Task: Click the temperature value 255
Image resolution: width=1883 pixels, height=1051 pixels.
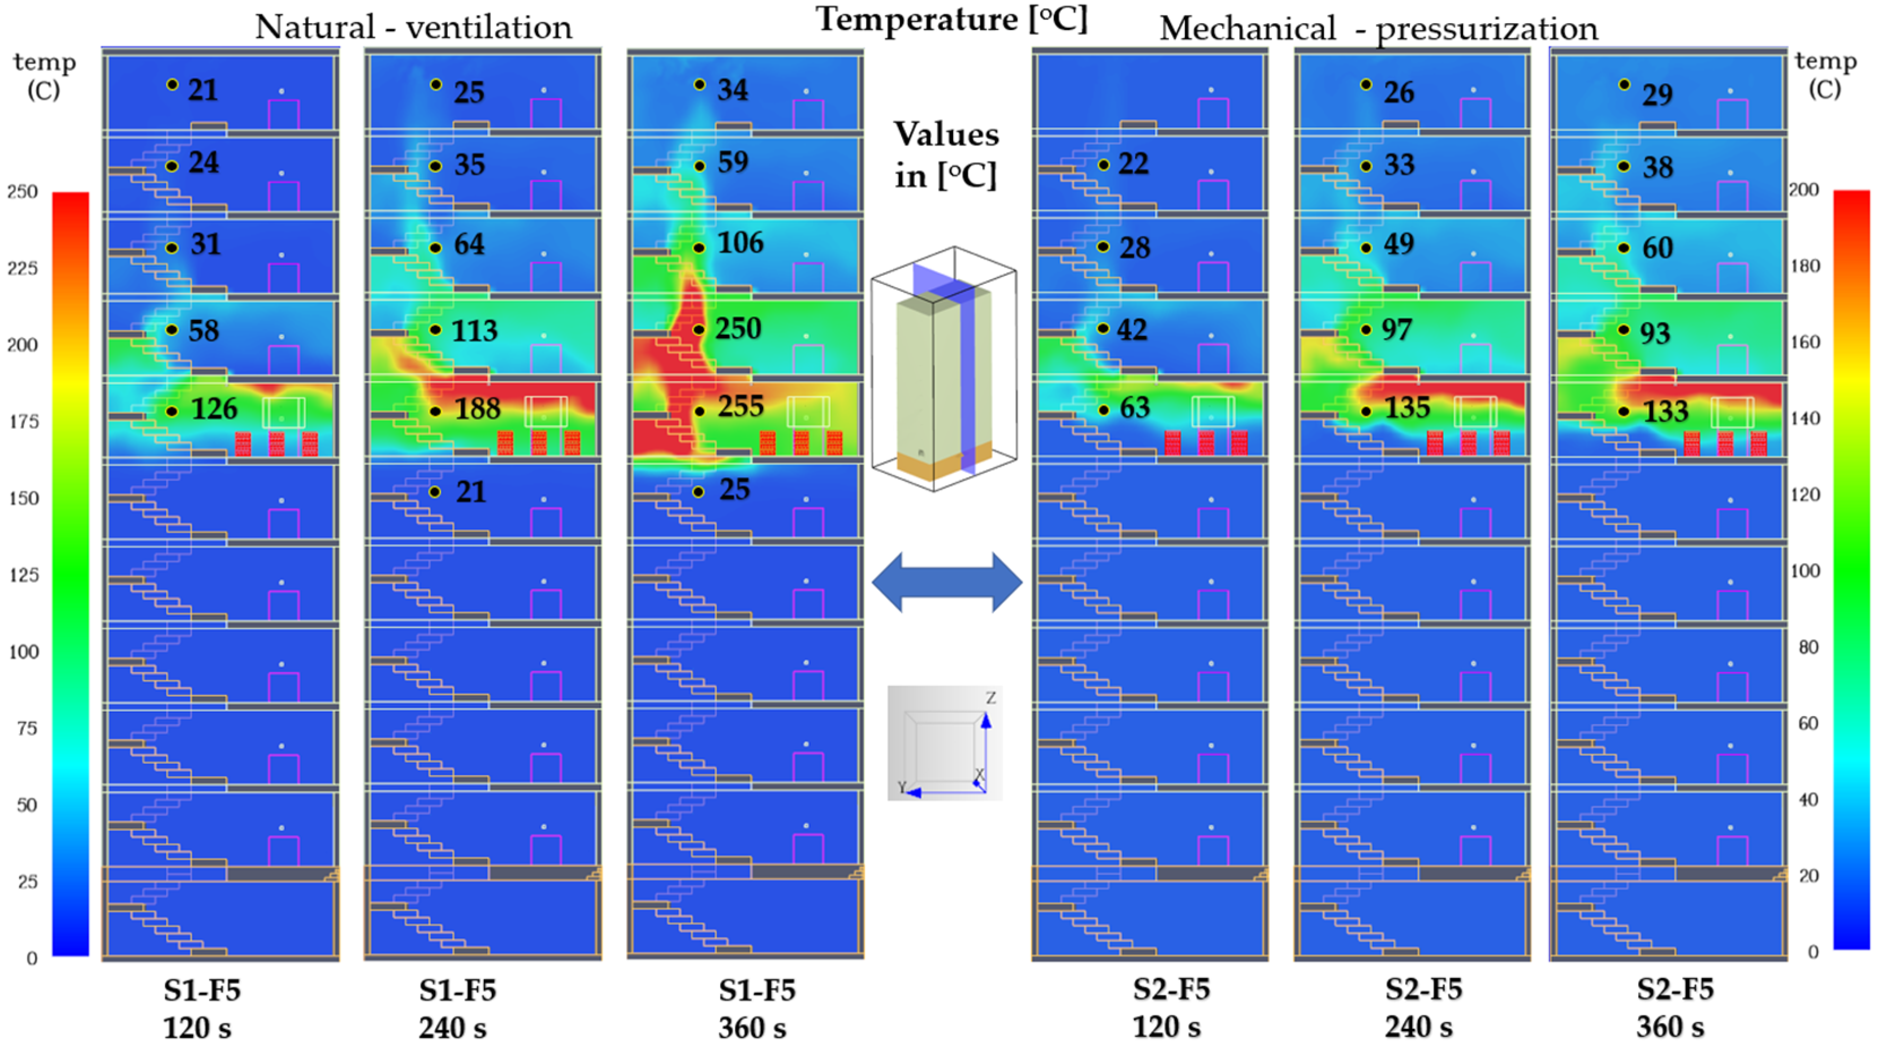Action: (x=741, y=407)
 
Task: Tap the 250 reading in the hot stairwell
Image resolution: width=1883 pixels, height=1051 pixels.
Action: (x=738, y=329)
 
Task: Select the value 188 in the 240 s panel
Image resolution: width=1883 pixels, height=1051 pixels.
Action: (x=477, y=409)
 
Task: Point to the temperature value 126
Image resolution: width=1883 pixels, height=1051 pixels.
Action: (x=214, y=409)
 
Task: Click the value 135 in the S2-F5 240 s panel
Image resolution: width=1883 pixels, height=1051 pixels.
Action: (x=1407, y=408)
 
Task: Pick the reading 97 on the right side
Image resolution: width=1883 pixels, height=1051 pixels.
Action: (x=1396, y=330)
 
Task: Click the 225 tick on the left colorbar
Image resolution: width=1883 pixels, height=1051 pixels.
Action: (x=22, y=268)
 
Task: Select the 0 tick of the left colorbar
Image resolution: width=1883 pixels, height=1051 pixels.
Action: (x=32, y=958)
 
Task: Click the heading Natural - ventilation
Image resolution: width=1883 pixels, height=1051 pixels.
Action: (x=413, y=28)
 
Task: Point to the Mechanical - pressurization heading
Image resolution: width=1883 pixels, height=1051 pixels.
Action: (x=1378, y=29)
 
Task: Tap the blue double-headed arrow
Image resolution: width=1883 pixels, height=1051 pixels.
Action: (x=947, y=582)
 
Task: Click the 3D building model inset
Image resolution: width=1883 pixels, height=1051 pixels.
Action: (x=943, y=369)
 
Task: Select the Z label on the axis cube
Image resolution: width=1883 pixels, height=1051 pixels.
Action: (x=990, y=698)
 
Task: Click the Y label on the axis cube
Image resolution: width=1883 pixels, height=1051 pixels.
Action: (x=902, y=787)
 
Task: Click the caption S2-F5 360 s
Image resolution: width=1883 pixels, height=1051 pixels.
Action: (x=1674, y=1008)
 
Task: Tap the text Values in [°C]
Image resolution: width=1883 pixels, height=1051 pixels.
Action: (x=946, y=155)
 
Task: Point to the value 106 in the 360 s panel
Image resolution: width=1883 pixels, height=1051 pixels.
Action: (x=741, y=243)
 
